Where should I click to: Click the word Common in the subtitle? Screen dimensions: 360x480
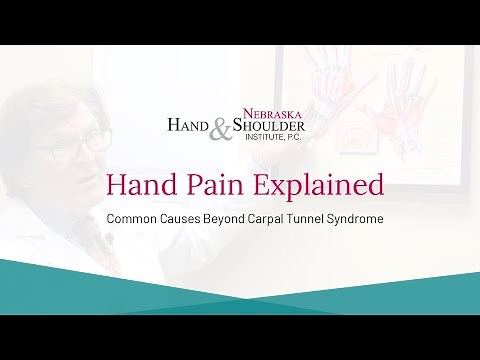coord(138,217)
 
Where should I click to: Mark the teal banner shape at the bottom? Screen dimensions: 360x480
coord(240,290)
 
